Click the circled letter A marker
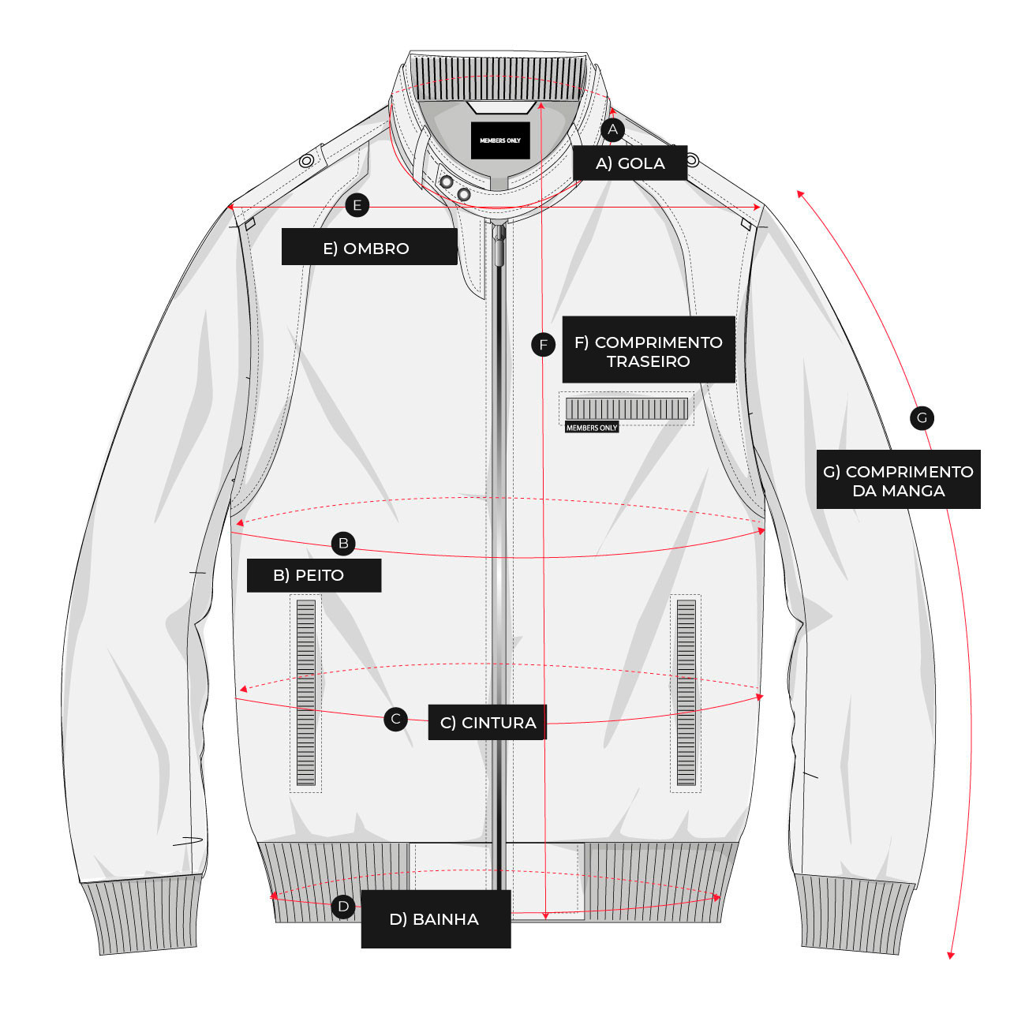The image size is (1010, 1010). (x=612, y=129)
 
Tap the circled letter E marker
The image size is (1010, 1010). (x=357, y=205)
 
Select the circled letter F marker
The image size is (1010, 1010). (x=543, y=345)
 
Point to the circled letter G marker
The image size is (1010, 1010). (x=922, y=418)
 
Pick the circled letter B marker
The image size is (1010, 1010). (x=343, y=543)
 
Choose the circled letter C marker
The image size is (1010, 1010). (x=396, y=719)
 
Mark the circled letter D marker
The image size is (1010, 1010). (x=343, y=906)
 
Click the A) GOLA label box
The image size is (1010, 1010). (x=630, y=163)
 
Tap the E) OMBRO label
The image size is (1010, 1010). (x=369, y=246)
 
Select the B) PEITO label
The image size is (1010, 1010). (x=314, y=575)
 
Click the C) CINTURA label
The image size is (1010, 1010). (x=488, y=722)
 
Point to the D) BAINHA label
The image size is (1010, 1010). (x=436, y=918)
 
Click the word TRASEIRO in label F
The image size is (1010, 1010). (x=649, y=361)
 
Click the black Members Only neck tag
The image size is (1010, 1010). (x=500, y=140)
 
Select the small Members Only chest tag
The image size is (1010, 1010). (x=592, y=428)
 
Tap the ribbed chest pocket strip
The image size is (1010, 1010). (x=627, y=409)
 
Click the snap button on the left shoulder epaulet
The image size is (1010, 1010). (x=307, y=160)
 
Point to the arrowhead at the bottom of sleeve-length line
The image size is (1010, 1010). (x=950, y=956)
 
